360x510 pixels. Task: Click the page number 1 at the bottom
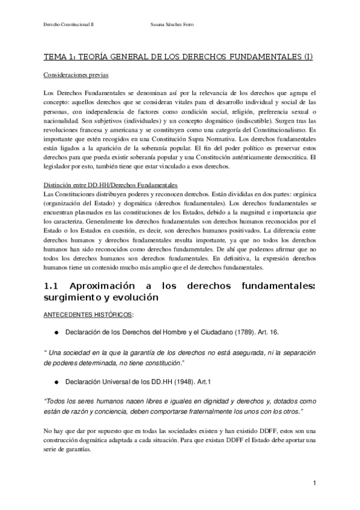pos(314,484)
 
